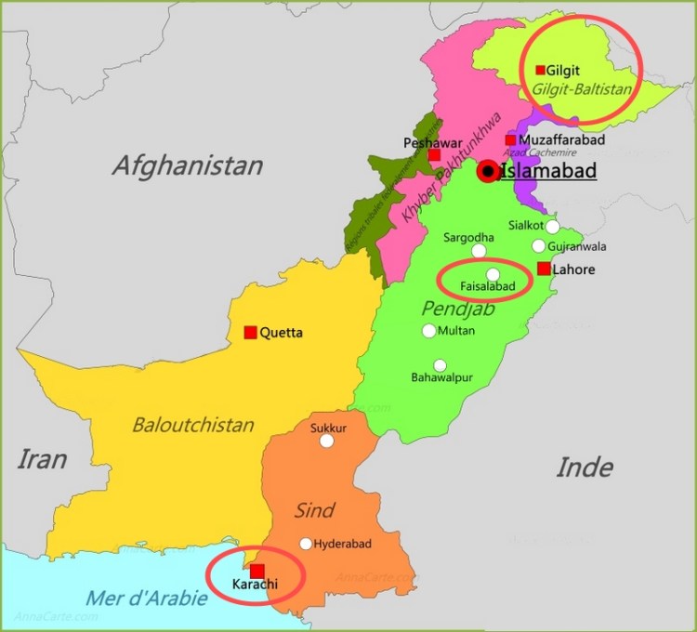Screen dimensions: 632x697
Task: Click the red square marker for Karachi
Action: point(257,571)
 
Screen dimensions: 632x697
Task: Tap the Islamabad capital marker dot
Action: point(488,172)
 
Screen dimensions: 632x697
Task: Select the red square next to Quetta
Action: point(250,332)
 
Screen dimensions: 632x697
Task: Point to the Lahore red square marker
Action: point(544,269)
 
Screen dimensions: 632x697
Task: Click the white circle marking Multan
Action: point(428,331)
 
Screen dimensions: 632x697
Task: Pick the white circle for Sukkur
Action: point(326,441)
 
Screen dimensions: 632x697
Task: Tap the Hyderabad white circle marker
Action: point(306,544)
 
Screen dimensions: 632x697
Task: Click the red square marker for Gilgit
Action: point(540,70)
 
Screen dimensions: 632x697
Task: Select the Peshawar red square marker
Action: point(434,154)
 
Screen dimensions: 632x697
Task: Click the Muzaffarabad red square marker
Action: point(510,140)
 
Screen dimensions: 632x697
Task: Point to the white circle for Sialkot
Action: point(553,226)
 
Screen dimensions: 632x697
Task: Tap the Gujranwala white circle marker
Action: point(538,246)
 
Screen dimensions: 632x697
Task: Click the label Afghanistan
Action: point(187,166)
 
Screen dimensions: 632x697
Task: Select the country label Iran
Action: point(42,459)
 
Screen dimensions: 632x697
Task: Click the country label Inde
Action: point(585,467)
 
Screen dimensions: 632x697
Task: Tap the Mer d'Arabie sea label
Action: point(147,598)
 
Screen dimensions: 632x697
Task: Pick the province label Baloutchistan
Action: point(193,425)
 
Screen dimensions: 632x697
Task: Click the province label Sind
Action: point(314,510)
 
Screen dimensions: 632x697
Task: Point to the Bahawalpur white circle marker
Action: point(440,365)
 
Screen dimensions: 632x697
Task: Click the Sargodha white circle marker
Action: point(479,251)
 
